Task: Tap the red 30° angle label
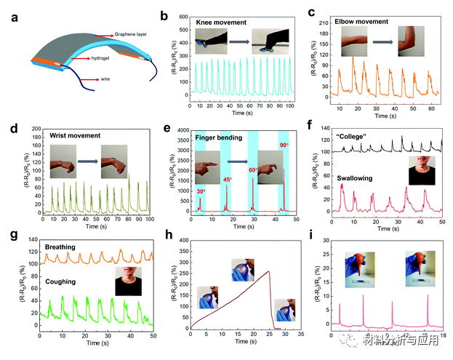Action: (x=201, y=191)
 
